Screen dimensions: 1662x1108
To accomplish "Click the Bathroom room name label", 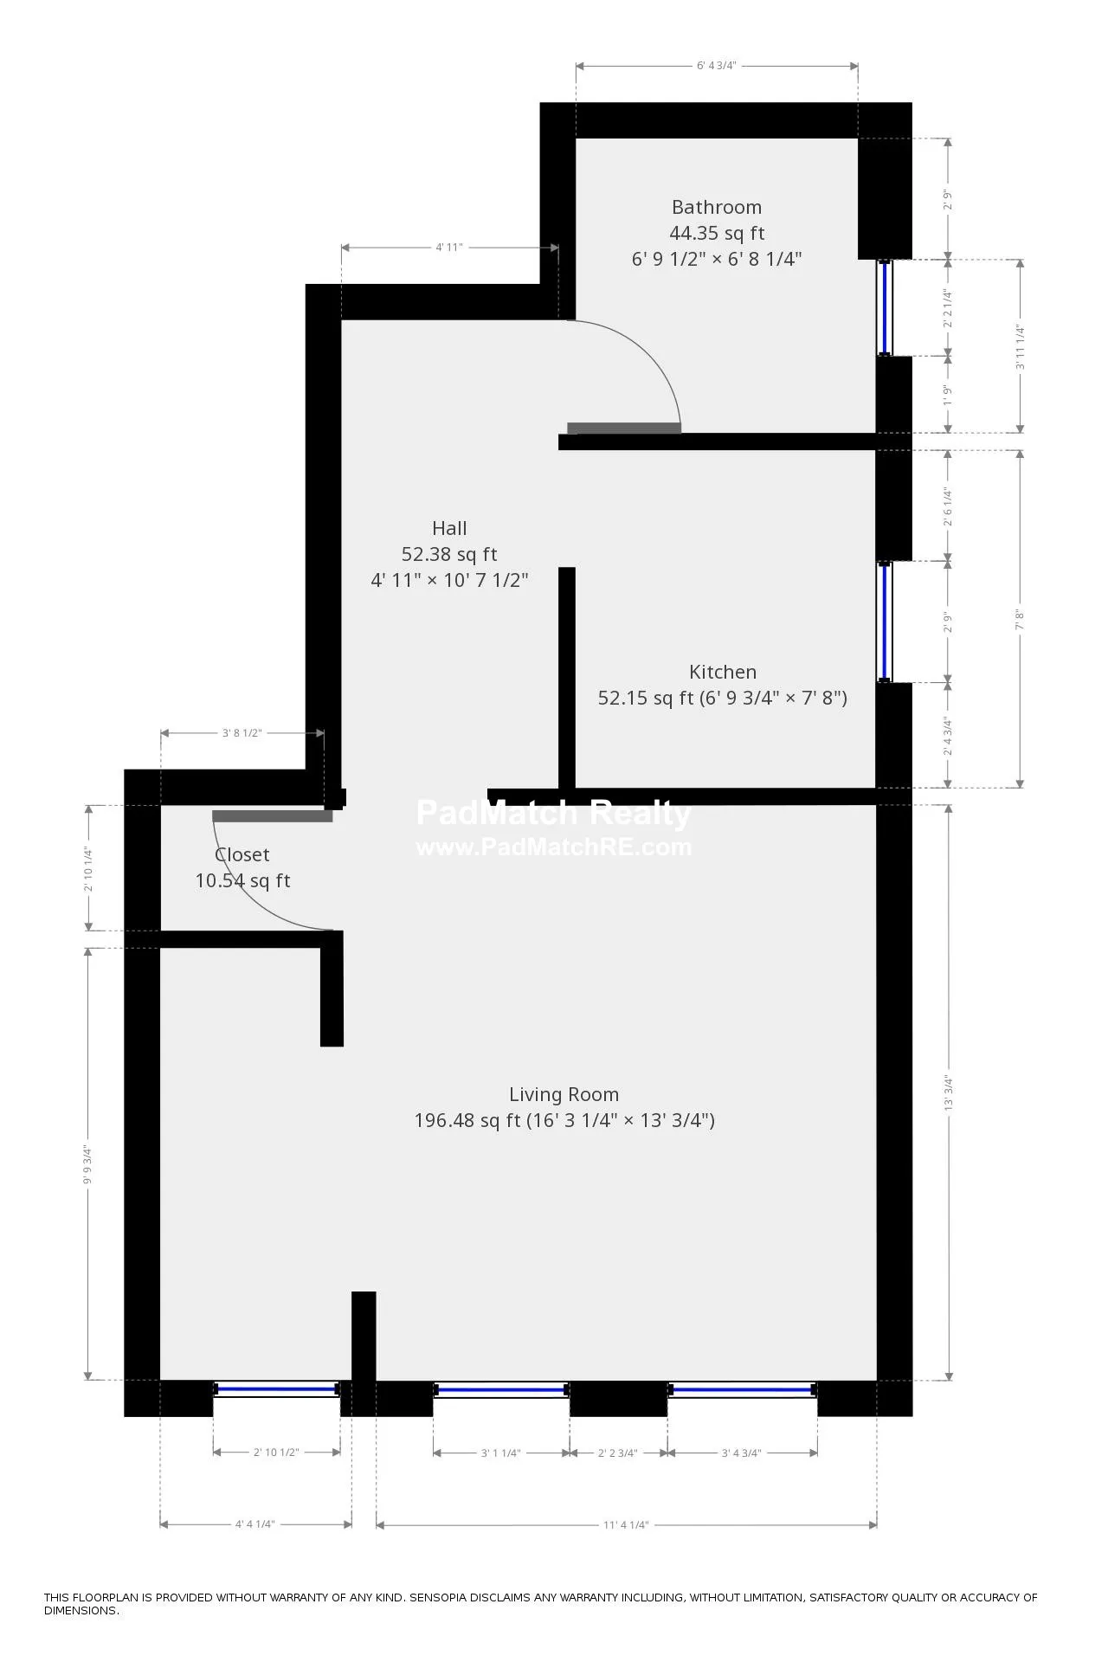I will [716, 208].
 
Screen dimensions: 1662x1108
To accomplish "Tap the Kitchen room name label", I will [722, 673].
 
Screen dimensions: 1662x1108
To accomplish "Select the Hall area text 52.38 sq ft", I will [449, 555].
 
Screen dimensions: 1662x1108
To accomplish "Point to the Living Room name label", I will [564, 1095].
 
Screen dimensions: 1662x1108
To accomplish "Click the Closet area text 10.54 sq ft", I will [242, 881].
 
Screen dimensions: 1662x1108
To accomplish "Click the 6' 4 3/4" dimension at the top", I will [716, 66].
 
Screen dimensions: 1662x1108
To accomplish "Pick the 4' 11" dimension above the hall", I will [448, 248].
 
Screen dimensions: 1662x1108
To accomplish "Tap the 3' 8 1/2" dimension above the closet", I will [242, 733].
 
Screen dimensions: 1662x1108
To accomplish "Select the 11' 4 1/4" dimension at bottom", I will [626, 1525].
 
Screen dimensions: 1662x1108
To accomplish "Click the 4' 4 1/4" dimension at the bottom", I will [254, 1525].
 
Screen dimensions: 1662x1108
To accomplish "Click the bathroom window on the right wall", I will [885, 307].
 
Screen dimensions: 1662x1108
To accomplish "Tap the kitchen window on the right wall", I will [885, 622].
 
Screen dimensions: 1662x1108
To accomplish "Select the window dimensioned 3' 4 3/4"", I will [742, 1390].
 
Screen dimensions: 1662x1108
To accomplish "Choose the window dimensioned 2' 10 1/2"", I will [276, 1389].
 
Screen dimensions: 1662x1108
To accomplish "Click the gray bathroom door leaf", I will [623, 428].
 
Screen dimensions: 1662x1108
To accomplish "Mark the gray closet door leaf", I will [272, 816].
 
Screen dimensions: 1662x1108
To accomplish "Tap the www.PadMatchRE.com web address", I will [554, 847].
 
